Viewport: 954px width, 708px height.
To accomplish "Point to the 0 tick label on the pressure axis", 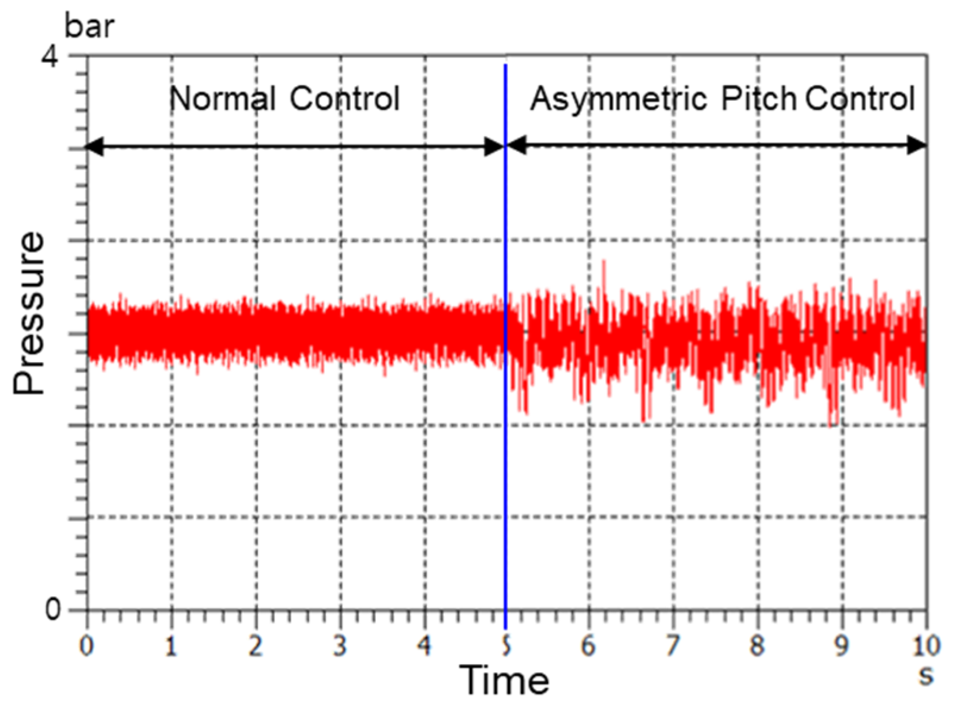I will click(53, 609).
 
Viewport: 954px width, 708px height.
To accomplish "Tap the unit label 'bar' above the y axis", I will click(89, 27).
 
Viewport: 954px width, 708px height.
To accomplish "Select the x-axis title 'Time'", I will click(504, 679).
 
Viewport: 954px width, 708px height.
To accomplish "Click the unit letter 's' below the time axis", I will click(925, 675).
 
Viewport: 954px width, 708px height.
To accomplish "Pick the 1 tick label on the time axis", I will click(171, 646).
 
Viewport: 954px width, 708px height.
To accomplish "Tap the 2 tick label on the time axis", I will click(256, 646).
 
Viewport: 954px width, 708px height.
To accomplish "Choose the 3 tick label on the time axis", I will click(340, 646).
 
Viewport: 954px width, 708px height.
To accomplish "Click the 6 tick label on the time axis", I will click(588, 646).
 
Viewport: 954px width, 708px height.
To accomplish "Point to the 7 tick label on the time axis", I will click(673, 646).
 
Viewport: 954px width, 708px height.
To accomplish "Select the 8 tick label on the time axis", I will click(757, 646).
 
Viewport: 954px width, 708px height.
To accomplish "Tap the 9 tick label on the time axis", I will click(841, 646).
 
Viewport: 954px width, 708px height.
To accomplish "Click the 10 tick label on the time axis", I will click(925, 646).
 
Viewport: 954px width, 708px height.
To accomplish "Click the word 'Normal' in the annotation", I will click(222, 99).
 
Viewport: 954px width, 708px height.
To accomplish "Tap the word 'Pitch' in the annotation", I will click(758, 99).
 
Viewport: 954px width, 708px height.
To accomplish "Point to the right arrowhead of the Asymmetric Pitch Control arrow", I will click(917, 145).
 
